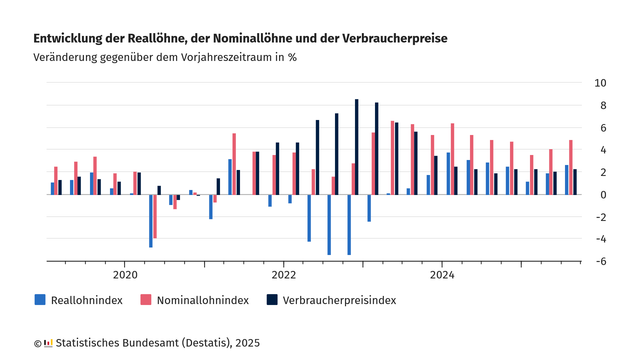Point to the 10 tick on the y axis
pos(600,83)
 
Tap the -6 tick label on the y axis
pos(600,261)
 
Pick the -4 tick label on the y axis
pos(600,239)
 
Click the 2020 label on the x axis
pos(125,274)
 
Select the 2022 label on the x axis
pos(283,274)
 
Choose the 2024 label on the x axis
pos(442,274)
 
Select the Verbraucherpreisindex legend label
pos(339,300)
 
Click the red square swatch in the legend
pos(145,300)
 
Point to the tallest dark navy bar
pos(356,146)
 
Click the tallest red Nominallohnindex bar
pos(393,157)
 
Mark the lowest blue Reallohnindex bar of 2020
pos(151,220)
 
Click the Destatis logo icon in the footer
pos(49,343)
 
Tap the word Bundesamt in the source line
pos(157,343)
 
